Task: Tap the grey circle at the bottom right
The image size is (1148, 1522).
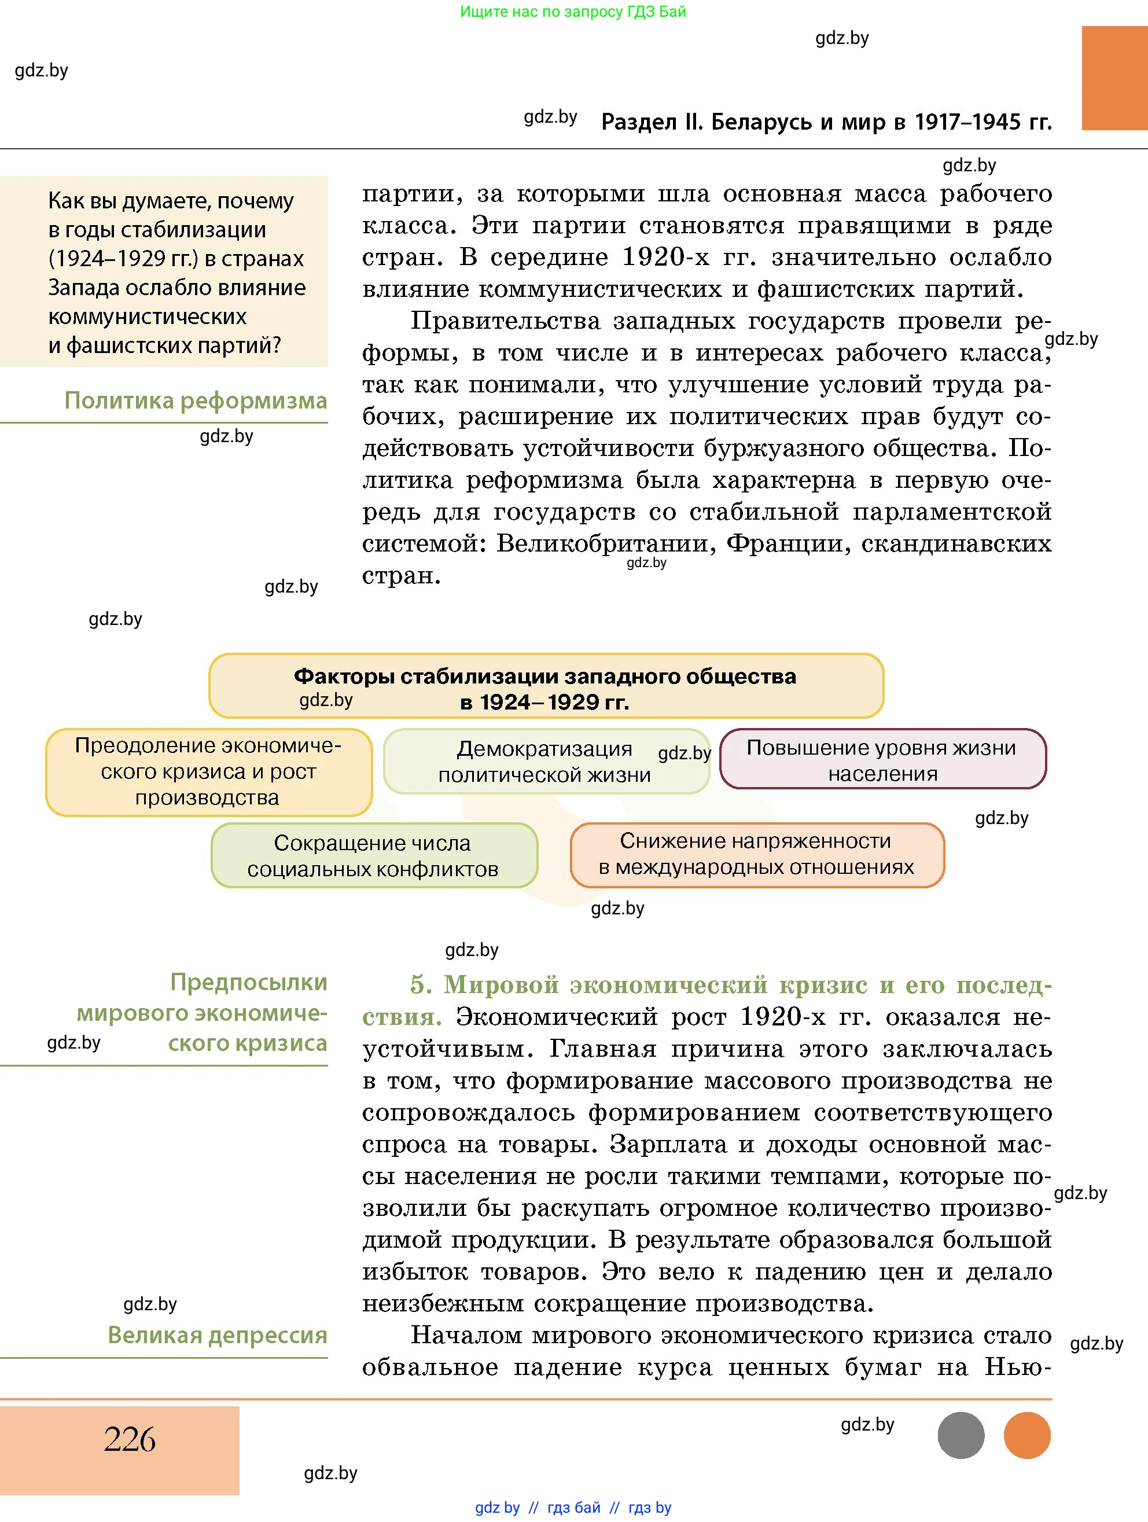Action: click(961, 1435)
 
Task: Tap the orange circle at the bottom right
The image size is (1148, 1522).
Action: click(1027, 1435)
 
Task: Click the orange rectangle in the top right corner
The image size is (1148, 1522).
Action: click(1114, 78)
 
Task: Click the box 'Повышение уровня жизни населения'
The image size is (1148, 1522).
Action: click(882, 760)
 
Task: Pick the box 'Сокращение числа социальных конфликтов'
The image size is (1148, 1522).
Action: click(373, 855)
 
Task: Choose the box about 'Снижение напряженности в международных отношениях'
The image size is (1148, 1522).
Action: click(757, 854)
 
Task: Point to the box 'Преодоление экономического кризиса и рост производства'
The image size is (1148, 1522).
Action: click(208, 771)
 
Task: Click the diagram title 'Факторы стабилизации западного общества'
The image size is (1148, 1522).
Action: click(546, 677)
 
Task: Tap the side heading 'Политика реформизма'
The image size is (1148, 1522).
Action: click(196, 400)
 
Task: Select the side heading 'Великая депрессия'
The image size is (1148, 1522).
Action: click(218, 1335)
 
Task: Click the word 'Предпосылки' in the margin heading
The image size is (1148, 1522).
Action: click(248, 982)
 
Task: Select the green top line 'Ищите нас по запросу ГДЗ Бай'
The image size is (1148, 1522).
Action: click(573, 12)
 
